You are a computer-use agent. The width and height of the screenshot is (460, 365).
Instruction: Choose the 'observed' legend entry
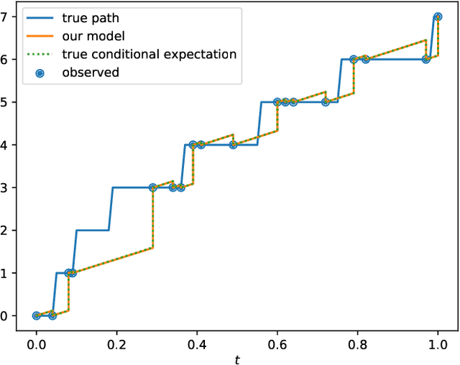coord(91,71)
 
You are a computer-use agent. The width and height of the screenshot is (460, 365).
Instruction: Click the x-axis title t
coord(237,357)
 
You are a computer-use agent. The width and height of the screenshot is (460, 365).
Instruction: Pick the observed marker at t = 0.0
coord(37,315)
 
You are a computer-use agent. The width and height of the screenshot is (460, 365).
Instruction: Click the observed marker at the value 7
coord(438,17)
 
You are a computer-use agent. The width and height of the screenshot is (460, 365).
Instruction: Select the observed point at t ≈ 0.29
coord(153,188)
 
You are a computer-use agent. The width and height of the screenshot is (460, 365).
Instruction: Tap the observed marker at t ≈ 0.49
coord(233,144)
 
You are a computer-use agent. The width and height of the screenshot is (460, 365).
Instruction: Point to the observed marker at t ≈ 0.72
coord(326,102)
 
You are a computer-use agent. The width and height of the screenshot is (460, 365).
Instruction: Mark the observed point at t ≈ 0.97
coord(426,59)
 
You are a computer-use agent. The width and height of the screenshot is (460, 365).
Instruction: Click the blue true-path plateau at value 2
coord(93,230)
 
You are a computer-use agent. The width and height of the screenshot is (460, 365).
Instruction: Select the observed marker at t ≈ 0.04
coord(52,315)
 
